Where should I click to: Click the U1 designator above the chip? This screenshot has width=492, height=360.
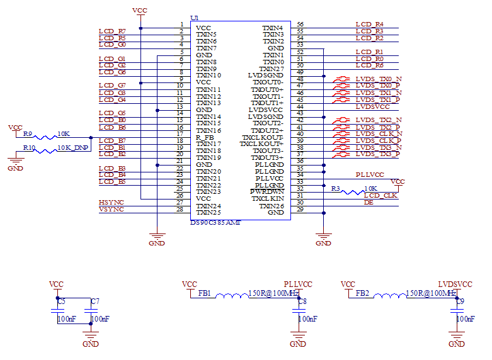(194, 18)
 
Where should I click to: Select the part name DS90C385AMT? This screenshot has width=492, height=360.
(215, 223)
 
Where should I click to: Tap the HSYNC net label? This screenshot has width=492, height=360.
(112, 202)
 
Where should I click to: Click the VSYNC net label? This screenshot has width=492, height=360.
(112, 209)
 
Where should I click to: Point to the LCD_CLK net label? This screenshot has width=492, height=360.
(380, 195)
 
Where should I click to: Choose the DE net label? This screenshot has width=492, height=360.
(369, 202)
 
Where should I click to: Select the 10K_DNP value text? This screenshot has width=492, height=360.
(73, 147)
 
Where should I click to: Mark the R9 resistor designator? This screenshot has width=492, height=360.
(28, 134)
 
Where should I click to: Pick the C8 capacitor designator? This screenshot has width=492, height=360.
(303, 302)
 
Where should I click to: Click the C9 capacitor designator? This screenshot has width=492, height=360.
(461, 302)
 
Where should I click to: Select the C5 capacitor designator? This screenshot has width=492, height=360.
(61, 302)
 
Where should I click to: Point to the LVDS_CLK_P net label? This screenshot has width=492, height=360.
(379, 140)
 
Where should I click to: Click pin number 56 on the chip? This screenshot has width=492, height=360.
(300, 25)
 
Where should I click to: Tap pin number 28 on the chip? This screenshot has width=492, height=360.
(180, 209)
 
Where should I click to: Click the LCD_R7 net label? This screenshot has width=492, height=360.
(112, 31)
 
